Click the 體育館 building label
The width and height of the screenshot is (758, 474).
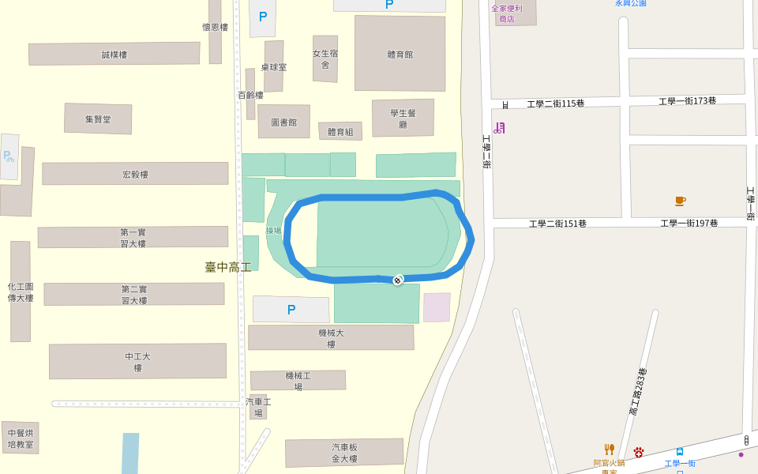click(x=400, y=55)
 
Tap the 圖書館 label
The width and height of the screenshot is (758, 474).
click(x=283, y=122)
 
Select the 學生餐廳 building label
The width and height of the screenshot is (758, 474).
click(x=403, y=118)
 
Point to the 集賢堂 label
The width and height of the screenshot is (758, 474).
click(x=98, y=119)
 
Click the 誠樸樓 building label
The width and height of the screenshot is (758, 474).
click(x=114, y=55)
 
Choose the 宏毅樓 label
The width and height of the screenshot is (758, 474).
click(x=135, y=175)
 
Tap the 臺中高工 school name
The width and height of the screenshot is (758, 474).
click(x=228, y=267)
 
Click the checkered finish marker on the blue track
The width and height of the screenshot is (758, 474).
click(x=398, y=279)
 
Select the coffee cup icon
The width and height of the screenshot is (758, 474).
click(x=680, y=201)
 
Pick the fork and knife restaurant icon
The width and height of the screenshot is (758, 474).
click(x=609, y=450)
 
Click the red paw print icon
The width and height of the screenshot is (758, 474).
click(x=639, y=452)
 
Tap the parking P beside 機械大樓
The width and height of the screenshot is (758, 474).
click(x=291, y=310)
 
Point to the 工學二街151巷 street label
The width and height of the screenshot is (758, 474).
click(x=557, y=224)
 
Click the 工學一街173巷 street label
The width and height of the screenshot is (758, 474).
click(x=688, y=101)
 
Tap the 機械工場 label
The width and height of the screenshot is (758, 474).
click(x=298, y=381)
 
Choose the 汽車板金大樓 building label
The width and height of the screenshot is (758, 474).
click(x=345, y=453)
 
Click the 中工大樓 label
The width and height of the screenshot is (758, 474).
click(x=137, y=362)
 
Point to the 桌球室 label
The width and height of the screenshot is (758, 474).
click(x=274, y=67)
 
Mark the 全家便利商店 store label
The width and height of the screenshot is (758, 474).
click(x=507, y=13)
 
